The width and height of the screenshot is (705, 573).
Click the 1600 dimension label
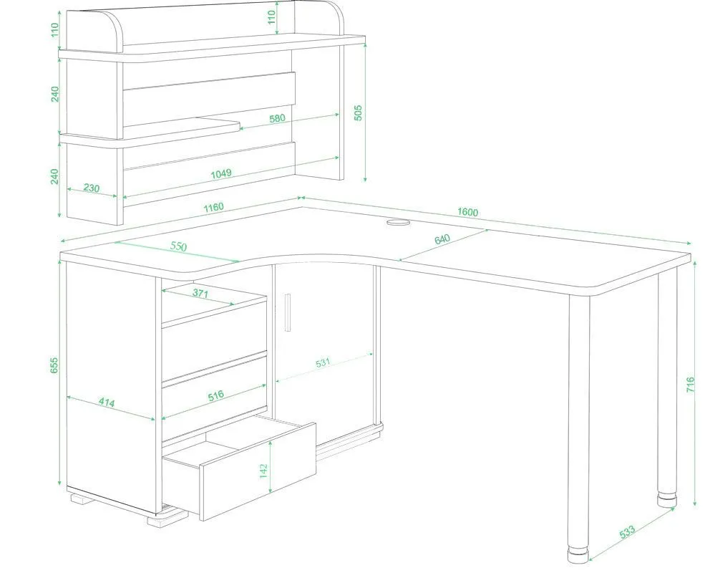click(467, 211)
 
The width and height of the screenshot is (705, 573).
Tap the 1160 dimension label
click(213, 207)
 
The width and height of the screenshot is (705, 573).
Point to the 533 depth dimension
click(627, 531)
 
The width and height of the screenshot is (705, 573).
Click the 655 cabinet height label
click(54, 365)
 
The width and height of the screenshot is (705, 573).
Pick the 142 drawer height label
click(263, 471)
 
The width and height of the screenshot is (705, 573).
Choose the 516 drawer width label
click(216, 396)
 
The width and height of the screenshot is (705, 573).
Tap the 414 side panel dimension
click(107, 403)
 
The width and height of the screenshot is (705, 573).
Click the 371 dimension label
click(200, 293)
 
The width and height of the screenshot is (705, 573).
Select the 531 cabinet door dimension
click(323, 362)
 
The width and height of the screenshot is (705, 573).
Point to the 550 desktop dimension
click(178, 246)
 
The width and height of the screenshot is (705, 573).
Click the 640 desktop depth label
click(442, 239)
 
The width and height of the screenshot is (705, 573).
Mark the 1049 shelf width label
click(221, 173)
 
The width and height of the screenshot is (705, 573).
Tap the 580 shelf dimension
click(277, 118)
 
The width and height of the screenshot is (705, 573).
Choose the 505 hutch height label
click(357, 113)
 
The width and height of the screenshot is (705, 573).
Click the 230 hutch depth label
click(92, 188)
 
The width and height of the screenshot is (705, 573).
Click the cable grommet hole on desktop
click(399, 222)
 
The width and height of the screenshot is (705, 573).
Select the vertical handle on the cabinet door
click(288, 312)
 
